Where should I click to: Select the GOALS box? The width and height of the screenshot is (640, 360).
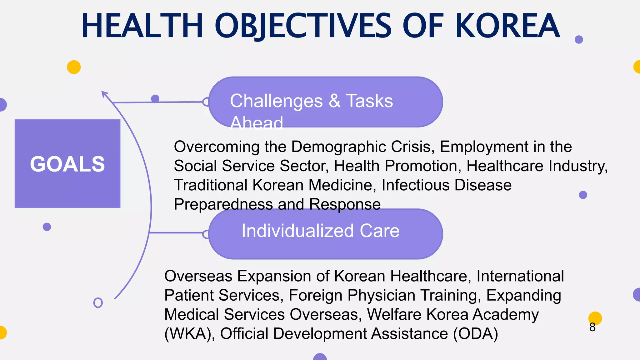click(67, 163)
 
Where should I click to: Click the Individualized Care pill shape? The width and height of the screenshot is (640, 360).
click(325, 234)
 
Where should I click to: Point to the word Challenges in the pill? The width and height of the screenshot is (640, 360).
click(276, 101)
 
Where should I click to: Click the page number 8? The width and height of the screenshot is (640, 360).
click(592, 327)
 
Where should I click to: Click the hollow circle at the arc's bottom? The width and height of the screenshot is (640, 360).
click(98, 302)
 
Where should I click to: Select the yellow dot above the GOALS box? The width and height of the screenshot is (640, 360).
click(74, 67)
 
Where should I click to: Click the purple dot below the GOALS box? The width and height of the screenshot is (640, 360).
click(47, 227)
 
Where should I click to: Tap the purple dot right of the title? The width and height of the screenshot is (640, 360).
click(579, 39)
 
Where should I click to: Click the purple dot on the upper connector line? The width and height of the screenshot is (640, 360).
click(155, 99)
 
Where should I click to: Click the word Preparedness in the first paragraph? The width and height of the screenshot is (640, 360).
click(223, 204)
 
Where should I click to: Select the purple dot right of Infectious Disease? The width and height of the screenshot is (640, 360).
click(583, 195)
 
